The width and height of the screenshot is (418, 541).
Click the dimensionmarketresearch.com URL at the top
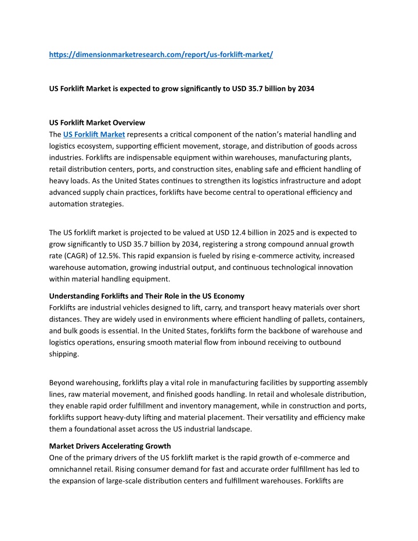click(161, 55)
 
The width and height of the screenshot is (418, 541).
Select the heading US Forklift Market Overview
click(97, 123)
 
